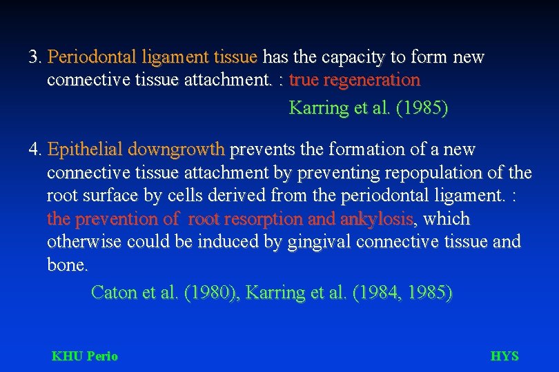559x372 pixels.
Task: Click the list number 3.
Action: point(35,57)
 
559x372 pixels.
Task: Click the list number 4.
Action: point(35,149)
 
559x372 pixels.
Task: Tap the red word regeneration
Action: point(371,81)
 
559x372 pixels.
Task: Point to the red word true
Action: point(304,81)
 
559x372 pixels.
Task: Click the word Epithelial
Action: point(85,149)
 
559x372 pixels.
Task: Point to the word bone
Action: point(66,265)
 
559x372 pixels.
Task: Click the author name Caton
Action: point(114,293)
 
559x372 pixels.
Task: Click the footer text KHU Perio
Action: point(85,356)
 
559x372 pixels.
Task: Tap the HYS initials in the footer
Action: point(504,356)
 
